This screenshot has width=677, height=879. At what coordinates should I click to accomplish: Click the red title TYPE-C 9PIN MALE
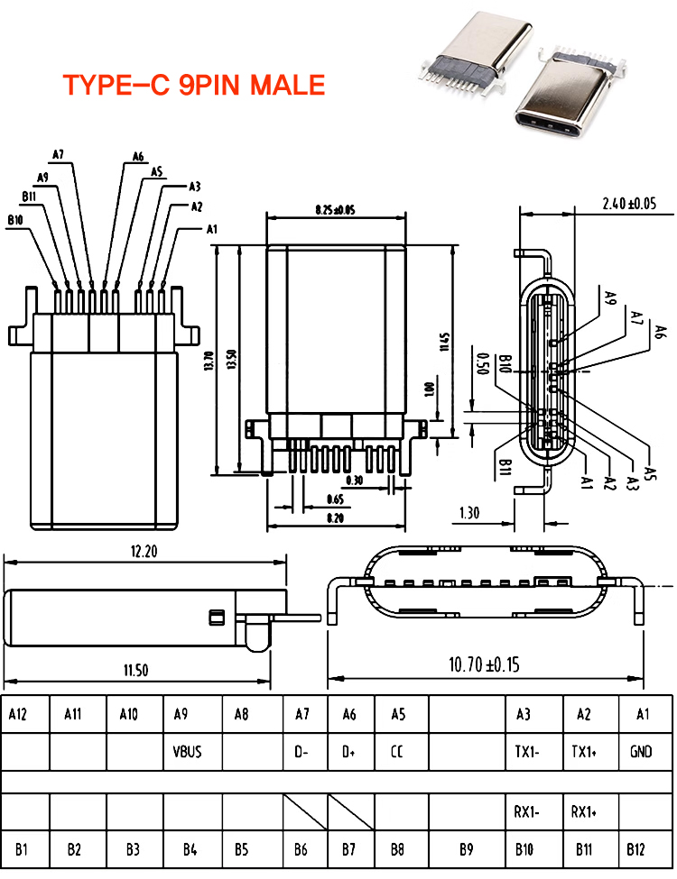(x=193, y=85)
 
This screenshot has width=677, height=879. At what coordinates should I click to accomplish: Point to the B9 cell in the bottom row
(x=466, y=849)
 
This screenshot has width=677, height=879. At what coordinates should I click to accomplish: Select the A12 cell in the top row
(x=18, y=715)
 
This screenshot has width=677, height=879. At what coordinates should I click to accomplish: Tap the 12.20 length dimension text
(x=144, y=552)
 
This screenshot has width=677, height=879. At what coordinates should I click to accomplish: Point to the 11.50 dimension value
(x=136, y=669)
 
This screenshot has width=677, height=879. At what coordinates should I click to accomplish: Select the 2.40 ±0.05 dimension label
(x=629, y=204)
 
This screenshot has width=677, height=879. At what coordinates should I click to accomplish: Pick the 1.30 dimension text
(x=469, y=513)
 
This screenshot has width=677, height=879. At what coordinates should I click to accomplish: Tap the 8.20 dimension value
(x=335, y=517)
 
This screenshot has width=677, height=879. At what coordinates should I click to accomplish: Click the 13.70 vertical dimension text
(x=209, y=361)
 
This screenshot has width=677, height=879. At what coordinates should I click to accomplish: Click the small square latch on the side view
(x=215, y=618)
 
